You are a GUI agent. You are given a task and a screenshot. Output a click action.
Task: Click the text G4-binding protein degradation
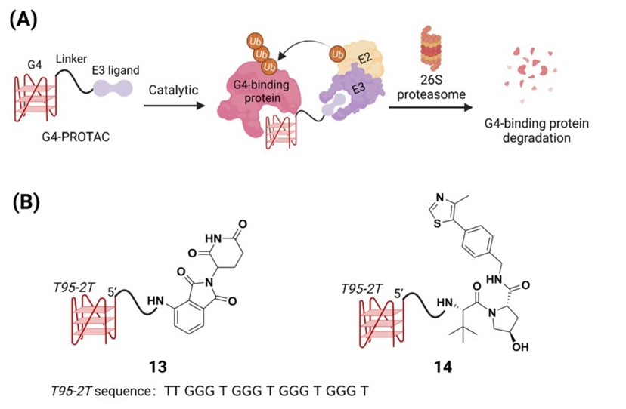point(542,131)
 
